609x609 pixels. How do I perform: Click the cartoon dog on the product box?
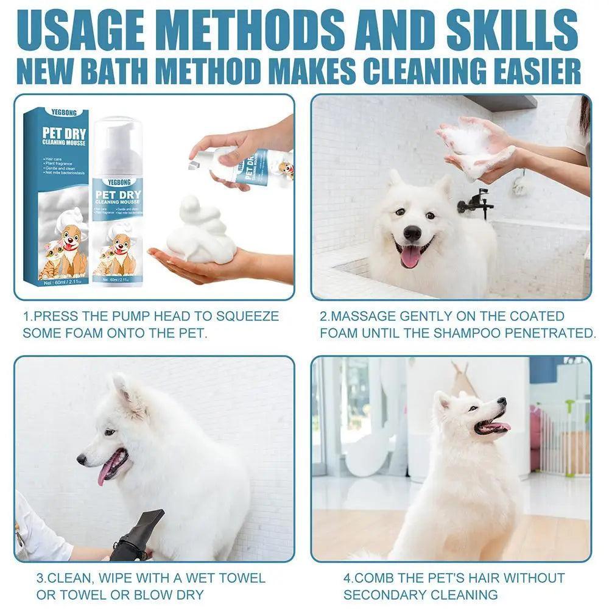click(x=72, y=250)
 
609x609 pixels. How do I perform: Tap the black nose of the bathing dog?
click(x=412, y=233)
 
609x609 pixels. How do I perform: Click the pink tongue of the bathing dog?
click(x=410, y=256)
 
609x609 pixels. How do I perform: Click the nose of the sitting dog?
click(x=501, y=401)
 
